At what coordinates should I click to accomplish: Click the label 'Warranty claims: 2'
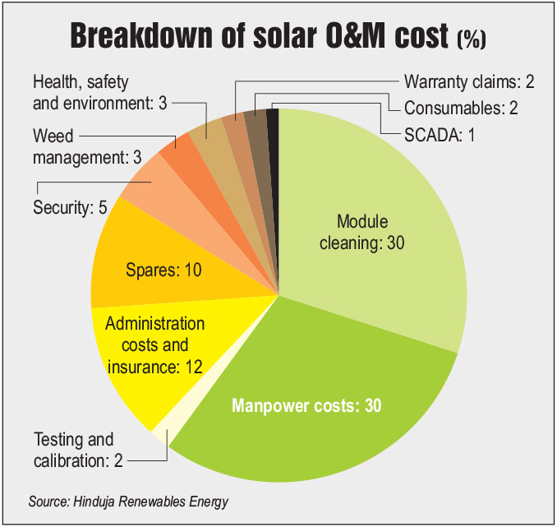tap(469, 82)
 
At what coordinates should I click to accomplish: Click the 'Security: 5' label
tap(71, 208)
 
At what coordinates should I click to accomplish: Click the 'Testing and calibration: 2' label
tap(78, 450)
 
